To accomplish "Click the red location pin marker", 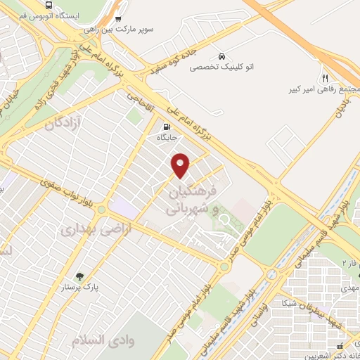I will tap(181, 165).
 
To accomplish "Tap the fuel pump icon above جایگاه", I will tap(166, 128).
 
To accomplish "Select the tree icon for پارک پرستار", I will tap(79, 276).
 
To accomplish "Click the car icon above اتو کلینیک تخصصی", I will tap(221, 56).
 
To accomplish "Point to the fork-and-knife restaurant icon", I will tap(324, 77).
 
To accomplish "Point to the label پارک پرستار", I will tap(97, 288).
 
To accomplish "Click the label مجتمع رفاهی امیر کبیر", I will tap(320, 90).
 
